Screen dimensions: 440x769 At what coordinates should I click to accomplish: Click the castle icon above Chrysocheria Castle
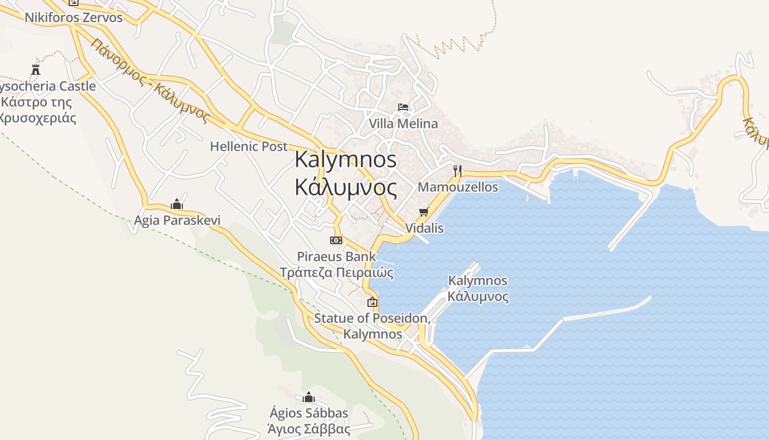pos(36,70)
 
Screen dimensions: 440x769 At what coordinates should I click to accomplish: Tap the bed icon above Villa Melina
pos(403,107)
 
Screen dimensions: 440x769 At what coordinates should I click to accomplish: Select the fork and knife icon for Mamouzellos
pos(457,170)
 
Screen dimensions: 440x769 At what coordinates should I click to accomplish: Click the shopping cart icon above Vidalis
pos(423,212)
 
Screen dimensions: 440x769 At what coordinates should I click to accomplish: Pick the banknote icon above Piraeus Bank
pos(336,240)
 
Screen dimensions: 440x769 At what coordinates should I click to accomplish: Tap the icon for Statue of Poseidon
pos(372,302)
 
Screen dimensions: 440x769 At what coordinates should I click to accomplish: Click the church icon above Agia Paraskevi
pos(177,205)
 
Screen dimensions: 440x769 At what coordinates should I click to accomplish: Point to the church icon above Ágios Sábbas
pos(309,397)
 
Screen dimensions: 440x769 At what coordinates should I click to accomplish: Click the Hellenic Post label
pos(249,147)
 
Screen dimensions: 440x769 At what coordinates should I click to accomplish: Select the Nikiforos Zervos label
pos(74,17)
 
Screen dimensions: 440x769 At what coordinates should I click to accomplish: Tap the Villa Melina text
pos(403,124)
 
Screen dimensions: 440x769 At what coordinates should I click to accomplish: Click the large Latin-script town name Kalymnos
pos(346,159)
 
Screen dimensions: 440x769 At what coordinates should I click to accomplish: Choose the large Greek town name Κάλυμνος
pos(346,188)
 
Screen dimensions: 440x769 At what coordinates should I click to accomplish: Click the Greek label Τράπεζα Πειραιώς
pos(337,273)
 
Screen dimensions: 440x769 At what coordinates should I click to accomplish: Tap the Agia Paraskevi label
pos(177,221)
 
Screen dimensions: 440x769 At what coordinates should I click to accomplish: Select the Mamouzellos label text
pos(458,187)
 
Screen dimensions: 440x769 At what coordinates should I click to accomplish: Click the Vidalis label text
pos(424,228)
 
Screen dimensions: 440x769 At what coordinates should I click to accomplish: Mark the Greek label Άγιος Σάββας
pos(309,429)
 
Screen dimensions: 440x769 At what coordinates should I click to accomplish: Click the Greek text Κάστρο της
pos(37,102)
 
